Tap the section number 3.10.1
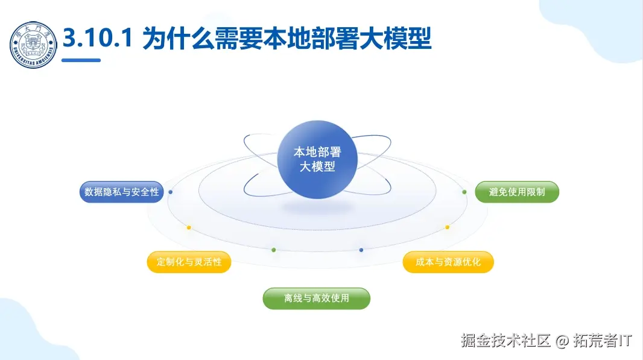click(97, 39)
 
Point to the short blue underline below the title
click(81, 60)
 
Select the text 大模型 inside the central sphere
click(317, 167)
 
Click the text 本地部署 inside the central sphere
click(317, 152)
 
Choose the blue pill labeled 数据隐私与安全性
click(122, 192)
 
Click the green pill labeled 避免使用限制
click(517, 192)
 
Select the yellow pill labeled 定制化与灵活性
click(189, 262)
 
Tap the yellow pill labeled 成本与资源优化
click(448, 262)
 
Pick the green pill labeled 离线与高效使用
click(316, 298)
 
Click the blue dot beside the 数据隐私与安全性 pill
click(171, 192)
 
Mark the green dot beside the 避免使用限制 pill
click(464, 192)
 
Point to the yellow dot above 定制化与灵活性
click(189, 227)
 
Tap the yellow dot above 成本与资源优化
click(448, 227)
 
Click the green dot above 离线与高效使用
click(274, 249)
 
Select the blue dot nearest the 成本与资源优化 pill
click(361, 249)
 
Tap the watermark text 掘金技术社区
click(506, 341)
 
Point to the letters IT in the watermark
click(626, 341)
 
